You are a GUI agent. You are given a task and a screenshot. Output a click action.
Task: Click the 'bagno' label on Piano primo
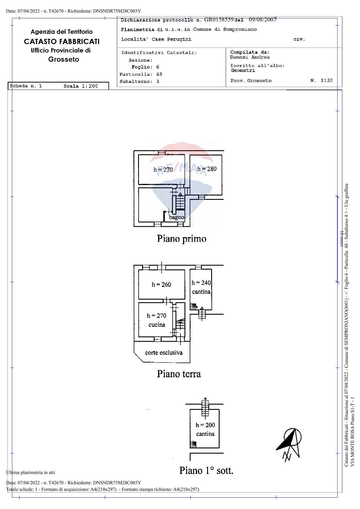click(176, 217)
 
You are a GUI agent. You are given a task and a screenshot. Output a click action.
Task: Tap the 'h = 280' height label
click(207, 169)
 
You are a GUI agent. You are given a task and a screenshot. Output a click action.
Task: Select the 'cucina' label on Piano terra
click(157, 325)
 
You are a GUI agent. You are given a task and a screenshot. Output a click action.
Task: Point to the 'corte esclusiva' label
click(164, 353)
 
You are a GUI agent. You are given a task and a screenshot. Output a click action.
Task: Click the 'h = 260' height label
click(161, 285)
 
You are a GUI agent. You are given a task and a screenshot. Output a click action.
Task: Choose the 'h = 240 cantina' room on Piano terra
click(201, 287)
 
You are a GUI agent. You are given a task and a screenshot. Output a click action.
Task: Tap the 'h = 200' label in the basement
click(205, 425)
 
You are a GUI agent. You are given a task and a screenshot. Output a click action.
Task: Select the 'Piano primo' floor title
click(182, 239)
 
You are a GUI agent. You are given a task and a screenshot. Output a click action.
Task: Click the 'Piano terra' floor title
click(179, 374)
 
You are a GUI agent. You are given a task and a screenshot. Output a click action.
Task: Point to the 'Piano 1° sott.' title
click(206, 470)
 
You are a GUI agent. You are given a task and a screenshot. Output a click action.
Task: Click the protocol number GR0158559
click(219, 20)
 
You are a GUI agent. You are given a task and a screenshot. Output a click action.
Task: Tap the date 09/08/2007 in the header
click(262, 20)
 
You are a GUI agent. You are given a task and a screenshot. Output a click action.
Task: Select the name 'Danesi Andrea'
click(250, 57)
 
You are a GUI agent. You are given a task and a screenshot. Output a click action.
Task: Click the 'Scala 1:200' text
click(81, 86)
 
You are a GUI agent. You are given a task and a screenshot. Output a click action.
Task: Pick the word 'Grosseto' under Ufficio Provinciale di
click(64, 59)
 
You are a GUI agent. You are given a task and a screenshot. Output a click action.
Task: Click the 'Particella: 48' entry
click(141, 75)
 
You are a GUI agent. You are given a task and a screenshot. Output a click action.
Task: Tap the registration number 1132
click(326, 80)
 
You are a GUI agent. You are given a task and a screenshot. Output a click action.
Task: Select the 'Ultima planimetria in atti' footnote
click(30, 472)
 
